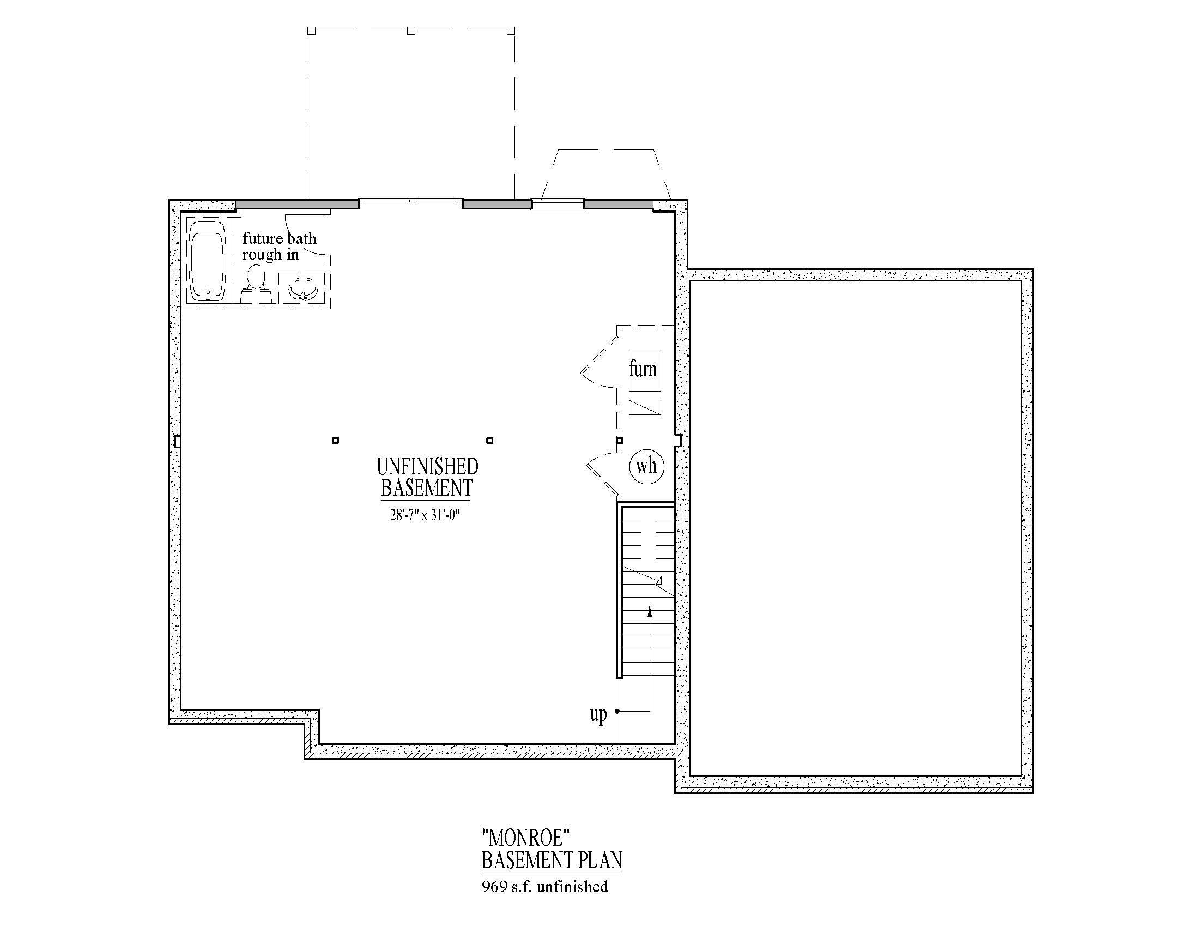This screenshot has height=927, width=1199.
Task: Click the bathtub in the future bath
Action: click(x=208, y=266)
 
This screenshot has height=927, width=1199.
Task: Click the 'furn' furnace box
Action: click(x=644, y=370)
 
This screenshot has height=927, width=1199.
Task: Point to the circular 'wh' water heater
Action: click(x=646, y=466)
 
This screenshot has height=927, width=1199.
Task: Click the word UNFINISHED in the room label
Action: click(x=427, y=467)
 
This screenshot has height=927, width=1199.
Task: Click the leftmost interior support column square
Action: click(x=335, y=440)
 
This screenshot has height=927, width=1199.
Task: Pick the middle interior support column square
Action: click(x=490, y=440)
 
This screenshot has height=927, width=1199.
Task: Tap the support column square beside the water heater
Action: click(x=619, y=440)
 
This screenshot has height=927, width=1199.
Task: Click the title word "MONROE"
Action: click(x=525, y=838)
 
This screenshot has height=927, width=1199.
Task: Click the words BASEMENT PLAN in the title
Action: click(x=552, y=860)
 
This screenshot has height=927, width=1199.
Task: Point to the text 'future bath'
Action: click(x=280, y=238)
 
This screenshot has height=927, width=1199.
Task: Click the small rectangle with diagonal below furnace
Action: click(x=644, y=407)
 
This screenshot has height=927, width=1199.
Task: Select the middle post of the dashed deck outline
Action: click(x=410, y=31)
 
